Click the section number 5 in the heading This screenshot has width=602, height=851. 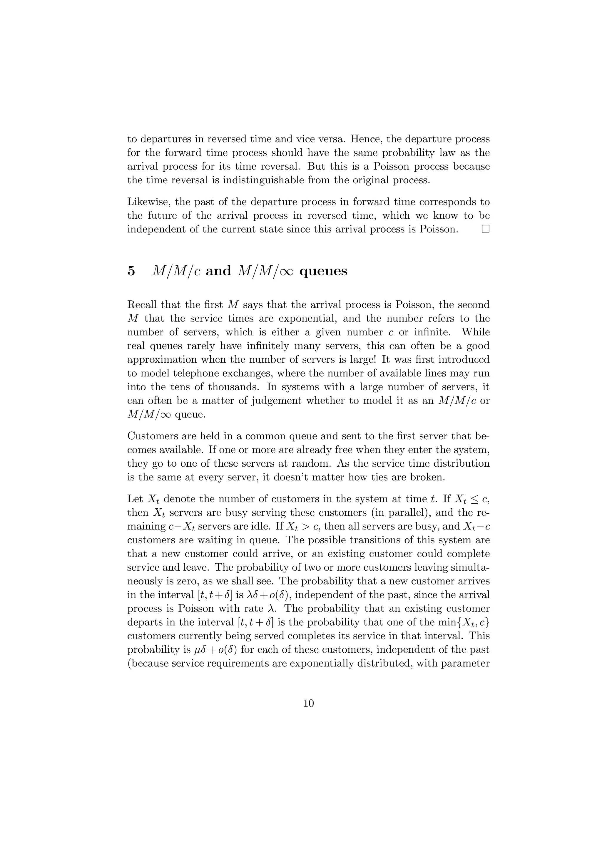(131, 271)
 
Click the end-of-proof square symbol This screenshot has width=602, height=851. (485, 229)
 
